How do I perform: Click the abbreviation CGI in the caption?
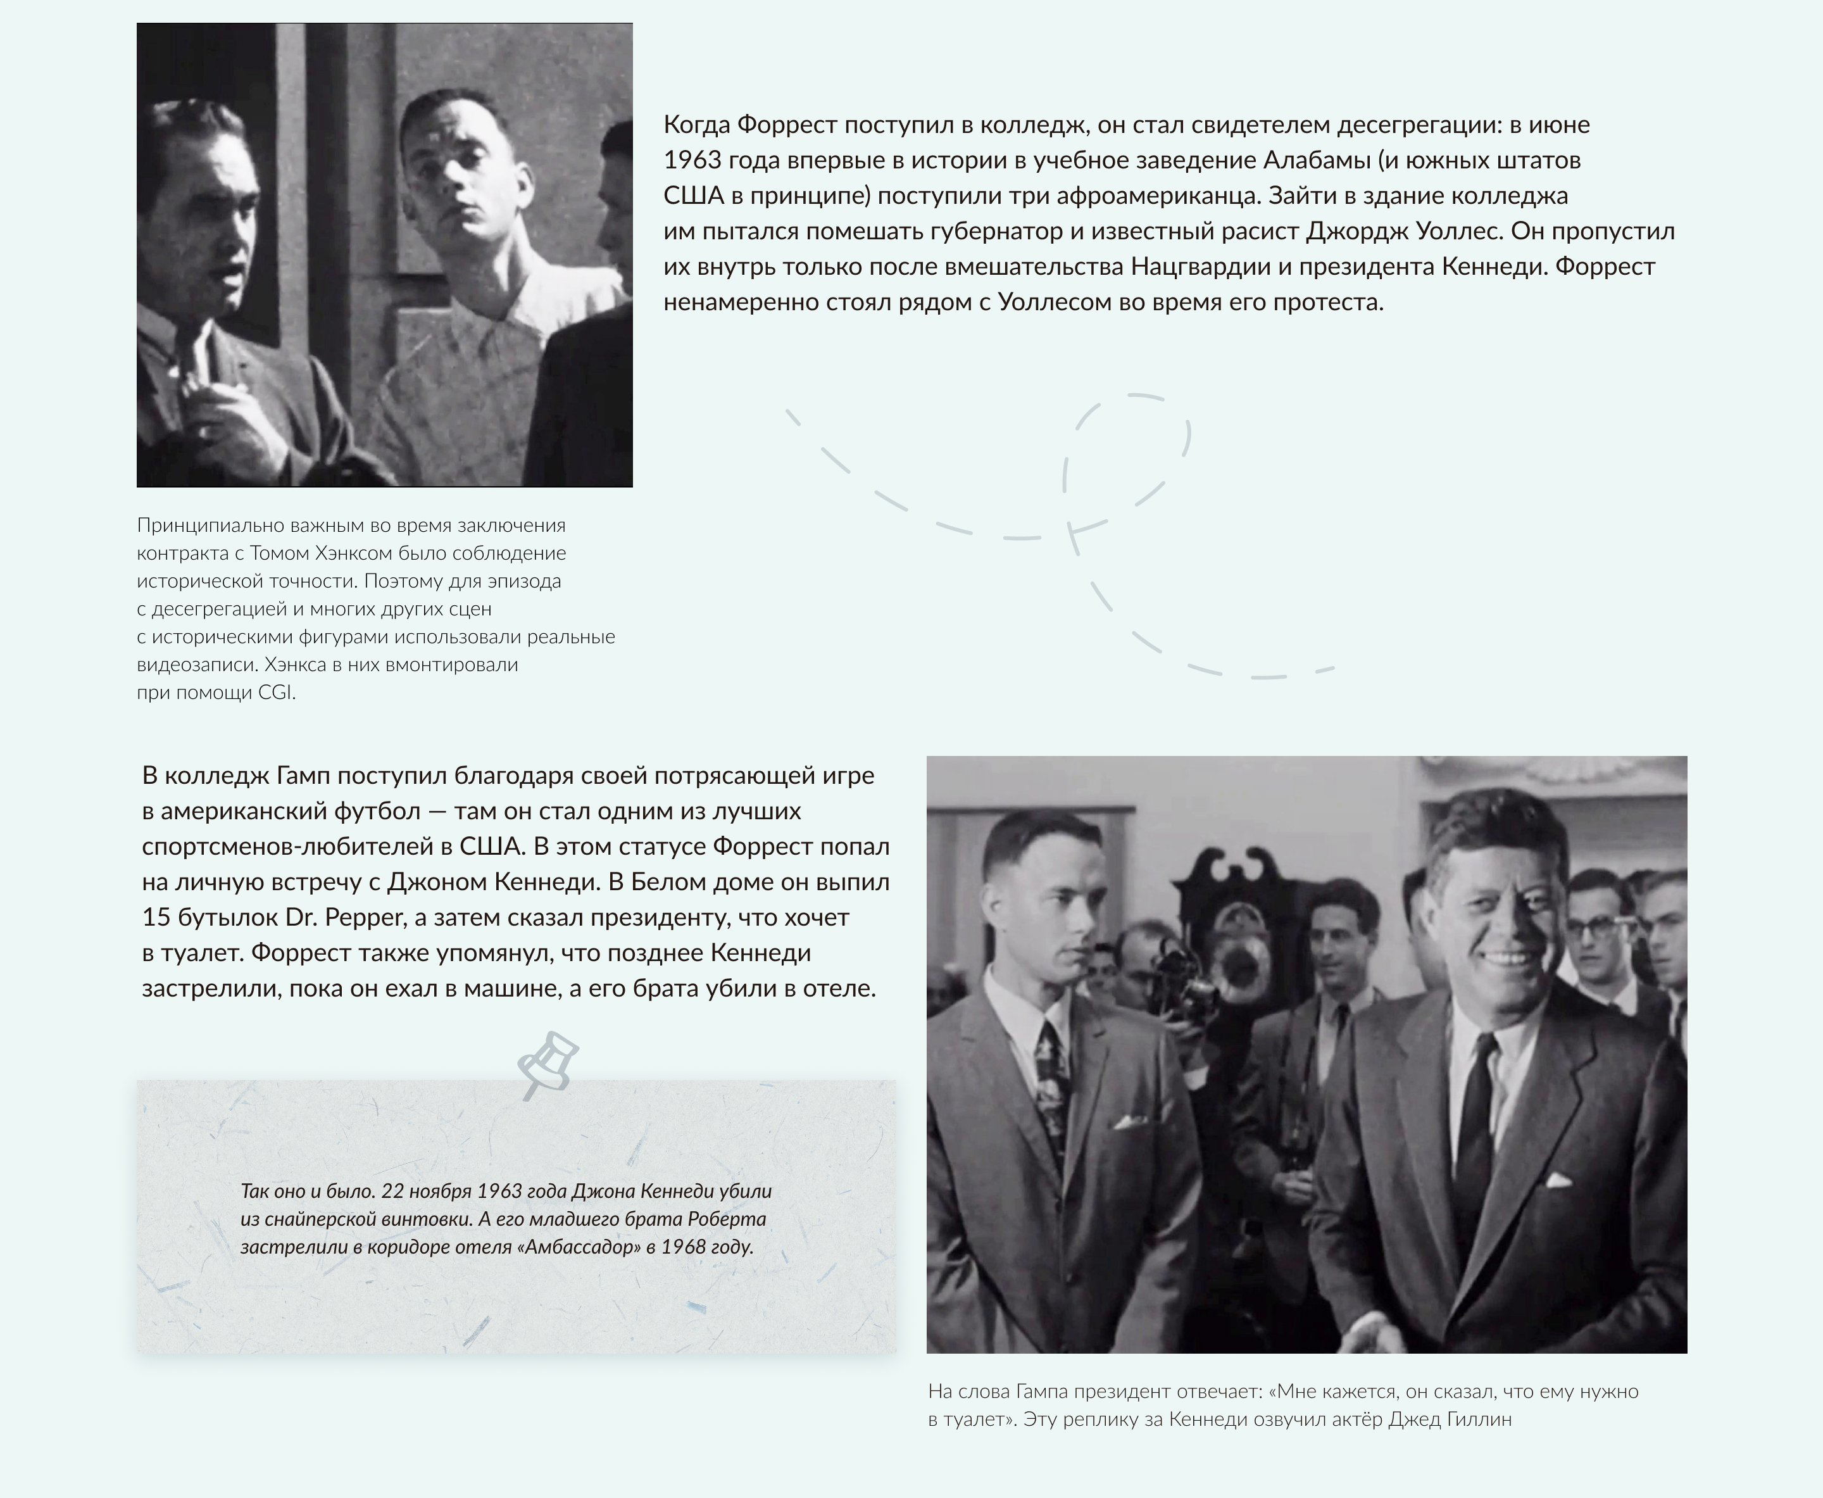tap(275, 693)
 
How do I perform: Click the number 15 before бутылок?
tap(156, 917)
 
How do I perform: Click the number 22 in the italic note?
tap(392, 1192)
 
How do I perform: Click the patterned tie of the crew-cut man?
tap(1053, 1087)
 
